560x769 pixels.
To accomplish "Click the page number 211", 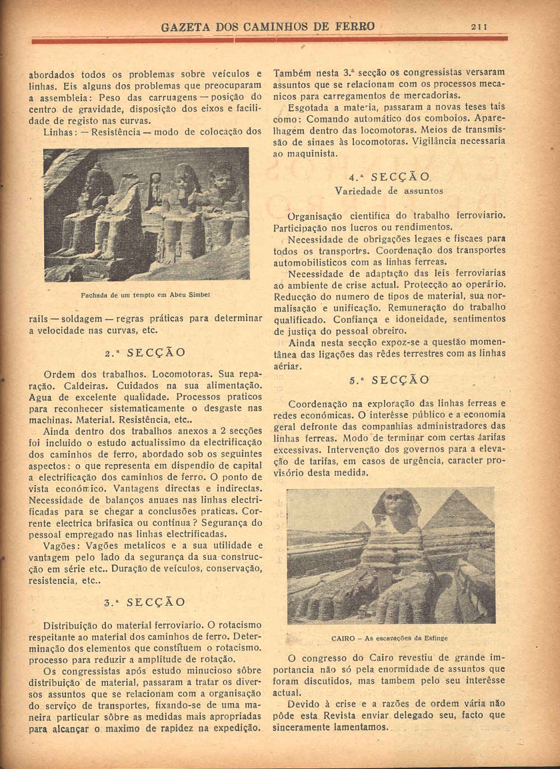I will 479,26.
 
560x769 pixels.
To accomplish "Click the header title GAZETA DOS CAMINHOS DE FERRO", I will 268,26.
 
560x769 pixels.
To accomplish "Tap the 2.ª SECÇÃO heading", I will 145,353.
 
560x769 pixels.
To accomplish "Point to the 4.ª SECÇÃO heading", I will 389,177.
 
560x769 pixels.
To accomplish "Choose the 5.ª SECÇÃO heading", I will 389,380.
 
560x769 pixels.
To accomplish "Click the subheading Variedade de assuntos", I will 389,191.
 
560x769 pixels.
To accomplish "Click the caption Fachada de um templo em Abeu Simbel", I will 145,295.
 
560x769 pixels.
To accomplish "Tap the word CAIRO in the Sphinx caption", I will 343,638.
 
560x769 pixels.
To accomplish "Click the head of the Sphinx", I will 395,506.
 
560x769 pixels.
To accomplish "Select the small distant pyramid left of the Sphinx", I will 361,527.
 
